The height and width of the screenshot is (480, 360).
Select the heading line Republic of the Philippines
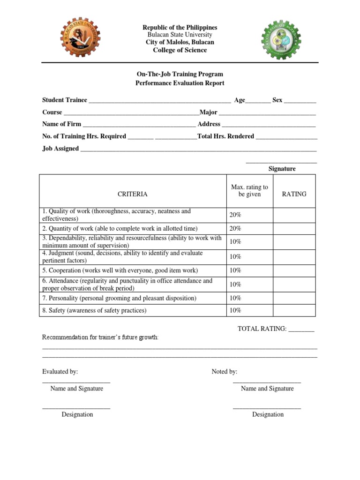pos(180,28)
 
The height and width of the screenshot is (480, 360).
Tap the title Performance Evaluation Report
pos(180,83)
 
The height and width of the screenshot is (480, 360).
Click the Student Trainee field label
pos(65,100)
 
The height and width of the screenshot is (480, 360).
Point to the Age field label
pos(240,100)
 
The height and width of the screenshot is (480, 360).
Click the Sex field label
pos(277,100)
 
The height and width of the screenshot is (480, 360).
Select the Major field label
pos(209,112)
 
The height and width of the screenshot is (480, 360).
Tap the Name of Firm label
pos(61,124)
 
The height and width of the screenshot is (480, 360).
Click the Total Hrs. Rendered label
pos(226,136)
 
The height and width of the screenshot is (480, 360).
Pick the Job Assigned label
pos(60,149)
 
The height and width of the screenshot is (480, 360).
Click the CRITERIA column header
pos(132,194)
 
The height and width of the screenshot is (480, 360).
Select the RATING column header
pos(294,194)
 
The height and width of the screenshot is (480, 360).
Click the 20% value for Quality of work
pos(235,215)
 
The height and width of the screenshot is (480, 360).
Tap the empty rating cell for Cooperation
pos(294,270)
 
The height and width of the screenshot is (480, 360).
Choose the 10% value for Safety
pos(235,310)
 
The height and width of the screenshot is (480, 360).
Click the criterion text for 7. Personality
pos(120,298)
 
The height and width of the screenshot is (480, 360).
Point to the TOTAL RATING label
pos(262,329)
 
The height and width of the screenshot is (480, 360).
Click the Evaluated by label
pos(60,372)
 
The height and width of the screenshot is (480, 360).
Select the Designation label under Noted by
pos(268,414)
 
